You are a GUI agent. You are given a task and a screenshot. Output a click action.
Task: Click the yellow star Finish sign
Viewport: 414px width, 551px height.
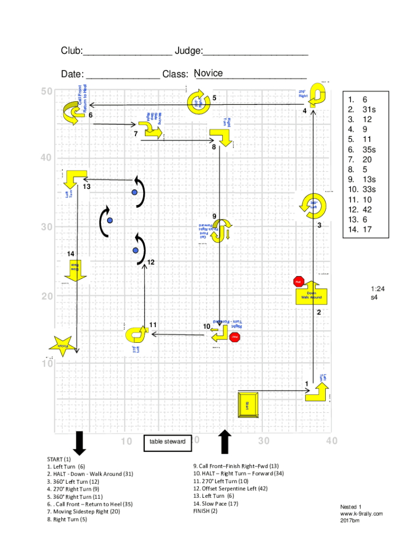[x=63, y=345]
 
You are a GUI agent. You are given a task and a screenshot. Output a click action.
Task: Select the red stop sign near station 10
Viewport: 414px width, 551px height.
[x=234, y=337]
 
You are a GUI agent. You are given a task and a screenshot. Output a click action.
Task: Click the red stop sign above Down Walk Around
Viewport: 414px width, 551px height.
[x=299, y=281]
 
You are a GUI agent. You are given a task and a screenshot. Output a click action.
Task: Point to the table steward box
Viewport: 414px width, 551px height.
[x=167, y=442]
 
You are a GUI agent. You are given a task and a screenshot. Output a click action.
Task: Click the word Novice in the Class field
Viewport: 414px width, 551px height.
[x=209, y=73]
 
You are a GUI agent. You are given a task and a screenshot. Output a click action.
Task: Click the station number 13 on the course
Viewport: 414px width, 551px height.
[x=87, y=187]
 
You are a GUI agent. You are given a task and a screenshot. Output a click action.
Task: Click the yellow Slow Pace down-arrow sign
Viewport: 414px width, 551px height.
[x=78, y=270]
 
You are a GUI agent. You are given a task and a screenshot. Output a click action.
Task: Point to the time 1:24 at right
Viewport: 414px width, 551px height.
[x=377, y=289]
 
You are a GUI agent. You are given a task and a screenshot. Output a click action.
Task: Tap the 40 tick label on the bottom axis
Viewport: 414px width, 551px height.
[x=331, y=441]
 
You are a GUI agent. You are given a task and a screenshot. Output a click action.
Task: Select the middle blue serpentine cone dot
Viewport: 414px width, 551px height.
[x=110, y=220]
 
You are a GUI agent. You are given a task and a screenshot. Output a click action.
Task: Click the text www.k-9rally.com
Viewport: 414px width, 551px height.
[x=361, y=514]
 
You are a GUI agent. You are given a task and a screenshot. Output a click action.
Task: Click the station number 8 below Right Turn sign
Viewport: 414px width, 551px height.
[x=214, y=147]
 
